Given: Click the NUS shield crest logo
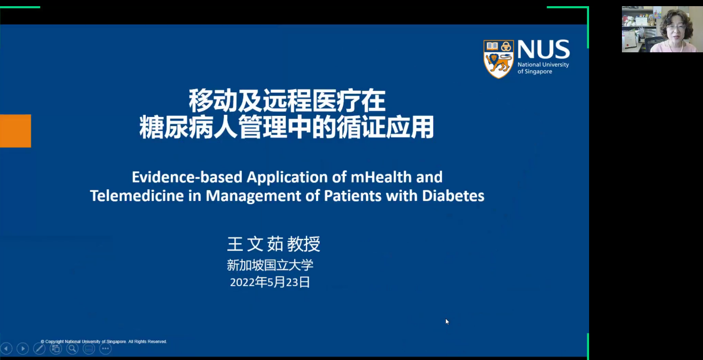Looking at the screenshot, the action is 498,59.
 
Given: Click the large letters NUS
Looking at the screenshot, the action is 543,49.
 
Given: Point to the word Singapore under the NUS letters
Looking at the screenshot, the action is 539,71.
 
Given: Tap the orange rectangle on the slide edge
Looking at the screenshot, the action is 15,131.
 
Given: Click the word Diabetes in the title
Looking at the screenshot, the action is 453,196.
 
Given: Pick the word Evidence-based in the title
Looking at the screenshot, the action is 187,177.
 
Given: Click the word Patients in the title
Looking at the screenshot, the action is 353,196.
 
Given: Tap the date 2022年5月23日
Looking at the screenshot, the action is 270,282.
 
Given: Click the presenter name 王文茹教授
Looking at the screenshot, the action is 274,244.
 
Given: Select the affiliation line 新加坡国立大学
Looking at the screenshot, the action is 270,265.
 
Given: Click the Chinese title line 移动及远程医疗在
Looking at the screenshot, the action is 287,101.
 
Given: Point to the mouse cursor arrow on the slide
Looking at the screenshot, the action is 447,322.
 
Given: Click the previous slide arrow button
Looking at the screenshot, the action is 6,348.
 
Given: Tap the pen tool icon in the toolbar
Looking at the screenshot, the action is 39,348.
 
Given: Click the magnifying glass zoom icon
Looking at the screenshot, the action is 72,348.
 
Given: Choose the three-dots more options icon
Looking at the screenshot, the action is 106,348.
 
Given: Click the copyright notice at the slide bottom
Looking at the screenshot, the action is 104,342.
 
